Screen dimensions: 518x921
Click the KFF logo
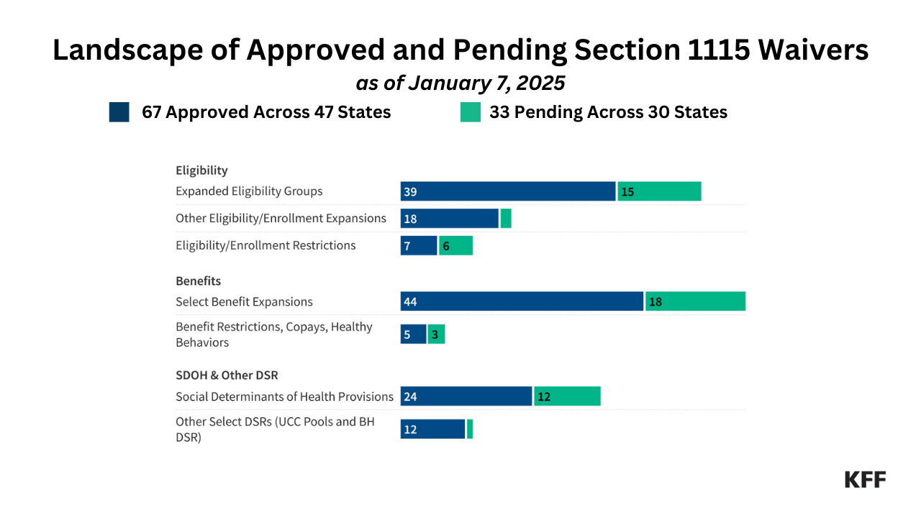(x=865, y=480)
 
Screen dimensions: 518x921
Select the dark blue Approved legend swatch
(x=119, y=112)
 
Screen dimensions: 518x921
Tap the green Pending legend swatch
(x=471, y=112)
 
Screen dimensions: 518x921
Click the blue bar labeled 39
(x=508, y=191)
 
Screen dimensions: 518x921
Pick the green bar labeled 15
(x=659, y=191)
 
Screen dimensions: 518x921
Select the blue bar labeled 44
(x=522, y=301)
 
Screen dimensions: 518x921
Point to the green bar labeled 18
(x=695, y=301)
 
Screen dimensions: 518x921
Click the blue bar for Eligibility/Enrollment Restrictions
(x=419, y=245)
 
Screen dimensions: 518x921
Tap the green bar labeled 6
(x=455, y=245)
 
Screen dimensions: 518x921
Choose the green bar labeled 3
(x=436, y=335)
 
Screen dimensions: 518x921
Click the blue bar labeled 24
(x=466, y=396)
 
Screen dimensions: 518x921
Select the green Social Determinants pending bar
(x=567, y=396)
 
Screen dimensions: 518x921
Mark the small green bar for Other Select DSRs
(x=470, y=430)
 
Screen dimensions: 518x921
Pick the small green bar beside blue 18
(x=506, y=219)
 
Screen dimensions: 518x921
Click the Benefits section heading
(x=199, y=281)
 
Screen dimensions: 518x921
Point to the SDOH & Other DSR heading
(x=227, y=376)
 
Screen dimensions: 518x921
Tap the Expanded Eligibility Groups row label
(x=249, y=191)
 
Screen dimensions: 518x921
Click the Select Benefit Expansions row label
(x=244, y=301)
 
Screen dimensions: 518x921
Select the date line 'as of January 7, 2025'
(x=460, y=83)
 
